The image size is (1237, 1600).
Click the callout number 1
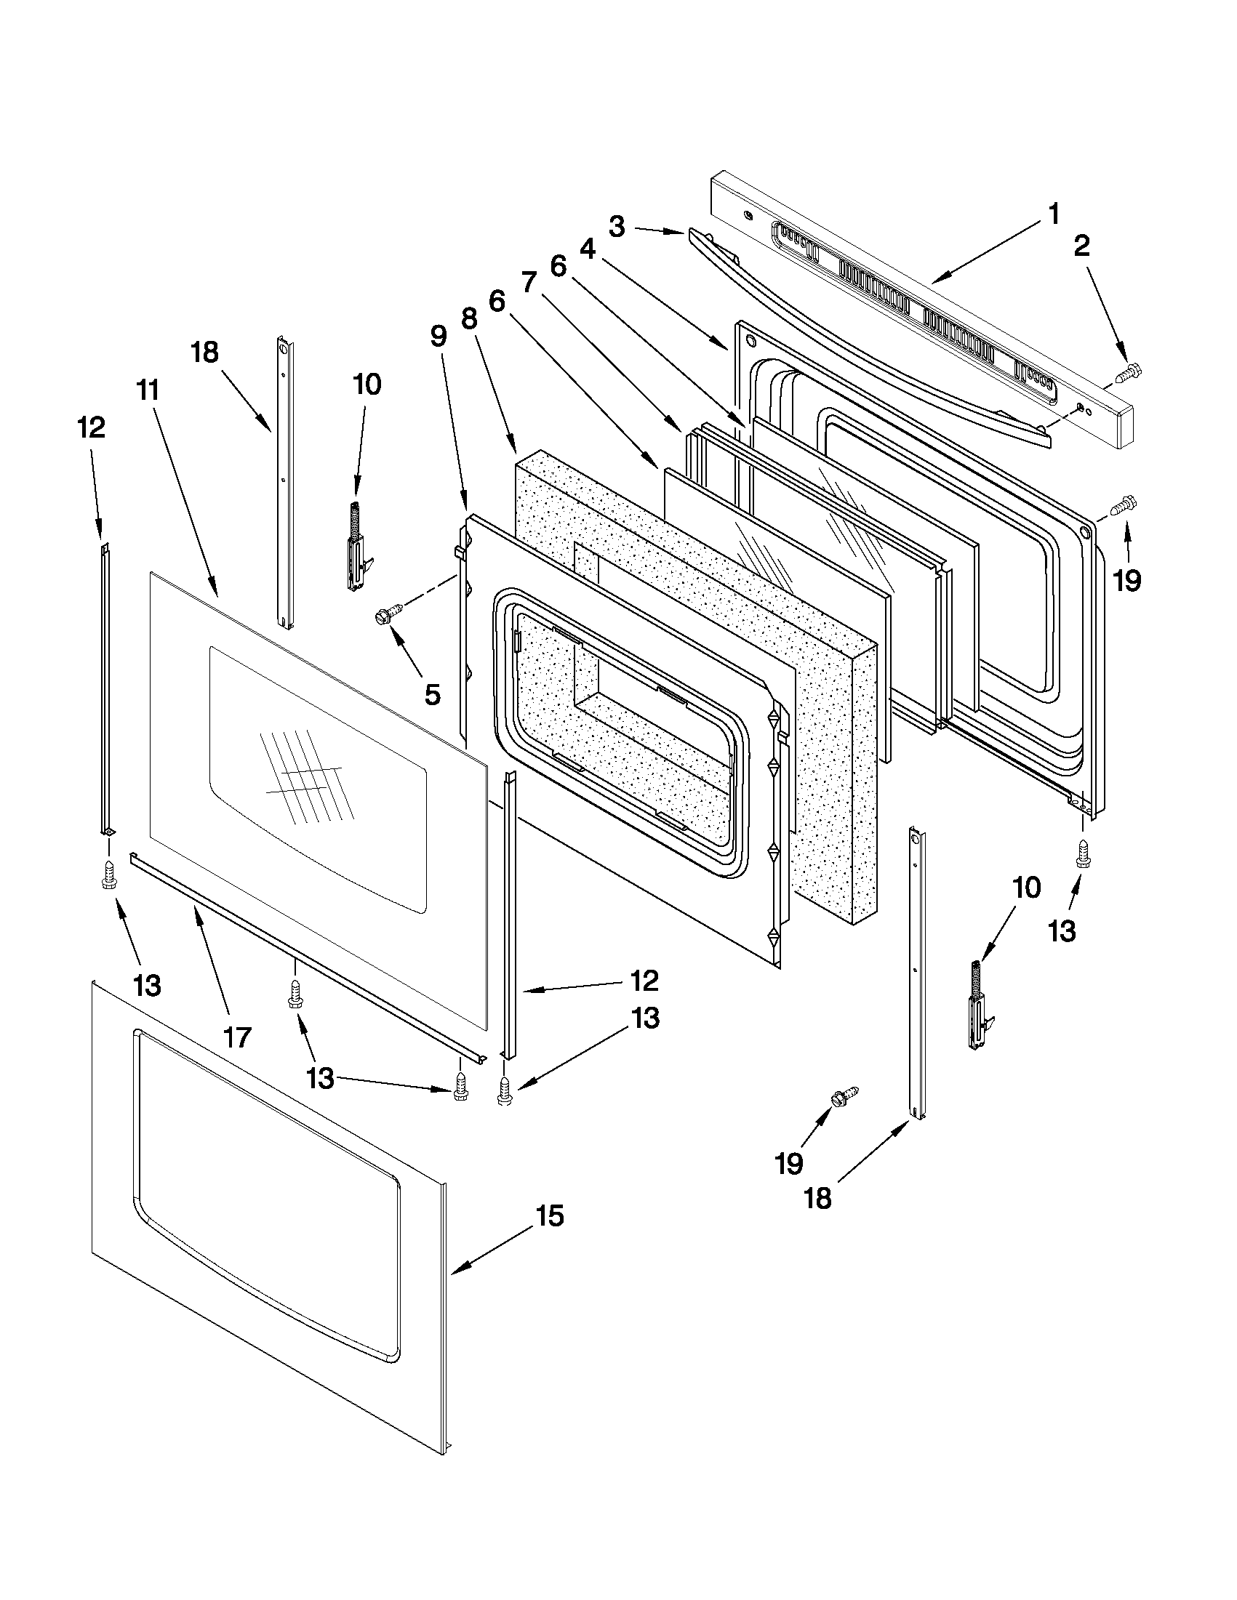click(1053, 215)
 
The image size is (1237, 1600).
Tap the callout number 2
click(1082, 246)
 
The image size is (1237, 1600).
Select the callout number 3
click(616, 226)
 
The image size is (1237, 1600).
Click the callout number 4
click(588, 250)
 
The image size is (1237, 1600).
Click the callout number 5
click(433, 693)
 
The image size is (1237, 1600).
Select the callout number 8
click(469, 318)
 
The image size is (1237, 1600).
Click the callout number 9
click(438, 337)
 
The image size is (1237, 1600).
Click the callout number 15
click(550, 1216)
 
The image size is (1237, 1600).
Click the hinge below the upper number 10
click(357, 545)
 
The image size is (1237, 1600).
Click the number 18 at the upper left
click(205, 353)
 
